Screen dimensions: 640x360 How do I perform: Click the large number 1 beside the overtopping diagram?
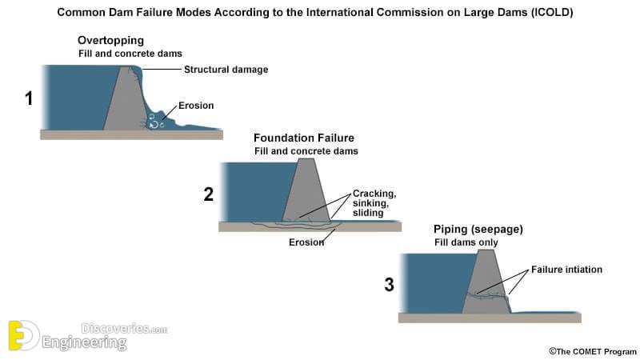click(x=29, y=98)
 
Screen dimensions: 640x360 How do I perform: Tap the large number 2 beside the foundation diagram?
click(x=209, y=194)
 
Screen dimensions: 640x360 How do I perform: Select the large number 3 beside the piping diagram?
click(x=390, y=285)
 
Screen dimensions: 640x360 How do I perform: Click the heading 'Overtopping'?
click(x=110, y=41)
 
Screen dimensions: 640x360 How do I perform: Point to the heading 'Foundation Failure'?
click(x=304, y=138)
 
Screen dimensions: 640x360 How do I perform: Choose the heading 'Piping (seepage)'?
click(x=478, y=230)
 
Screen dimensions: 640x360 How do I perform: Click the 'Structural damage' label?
click(x=226, y=70)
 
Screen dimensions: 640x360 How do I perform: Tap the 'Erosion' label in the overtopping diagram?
click(x=196, y=106)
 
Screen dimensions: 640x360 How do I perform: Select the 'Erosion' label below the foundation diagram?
click(x=306, y=242)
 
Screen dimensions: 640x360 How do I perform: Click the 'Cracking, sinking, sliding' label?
click(x=374, y=203)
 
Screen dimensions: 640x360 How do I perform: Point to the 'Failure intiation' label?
click(x=566, y=270)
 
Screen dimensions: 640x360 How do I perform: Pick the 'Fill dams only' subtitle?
click(x=466, y=242)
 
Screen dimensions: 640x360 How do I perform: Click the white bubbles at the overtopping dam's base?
click(x=155, y=121)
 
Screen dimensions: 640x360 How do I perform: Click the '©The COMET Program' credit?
click(x=592, y=351)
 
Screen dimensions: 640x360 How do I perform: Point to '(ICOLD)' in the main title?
click(x=552, y=12)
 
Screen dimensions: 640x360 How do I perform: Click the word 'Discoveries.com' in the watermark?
click(x=124, y=328)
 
